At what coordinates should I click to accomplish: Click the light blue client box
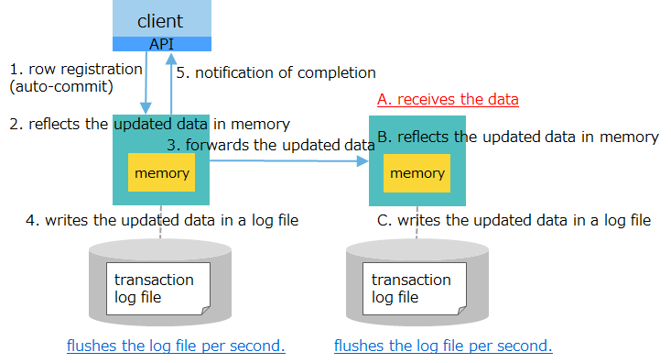click(161, 18)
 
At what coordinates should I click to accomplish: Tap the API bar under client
click(161, 44)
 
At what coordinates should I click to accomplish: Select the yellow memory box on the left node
click(162, 172)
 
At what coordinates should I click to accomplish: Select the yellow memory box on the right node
click(417, 172)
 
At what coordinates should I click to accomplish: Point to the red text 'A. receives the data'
click(448, 99)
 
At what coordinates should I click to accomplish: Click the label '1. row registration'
click(76, 69)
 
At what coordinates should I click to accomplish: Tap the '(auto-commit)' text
click(60, 88)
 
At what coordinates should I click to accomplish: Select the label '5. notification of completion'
click(276, 72)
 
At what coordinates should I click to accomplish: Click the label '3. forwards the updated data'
click(270, 145)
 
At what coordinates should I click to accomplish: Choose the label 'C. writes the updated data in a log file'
click(514, 220)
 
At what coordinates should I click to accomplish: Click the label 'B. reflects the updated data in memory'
click(517, 137)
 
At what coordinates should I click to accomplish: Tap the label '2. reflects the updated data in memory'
click(149, 124)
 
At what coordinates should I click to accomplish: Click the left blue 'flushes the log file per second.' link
click(176, 346)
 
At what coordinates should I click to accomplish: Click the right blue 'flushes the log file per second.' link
click(443, 346)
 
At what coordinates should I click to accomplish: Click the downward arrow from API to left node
click(146, 82)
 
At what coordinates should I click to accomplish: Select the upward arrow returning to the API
click(170, 82)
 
